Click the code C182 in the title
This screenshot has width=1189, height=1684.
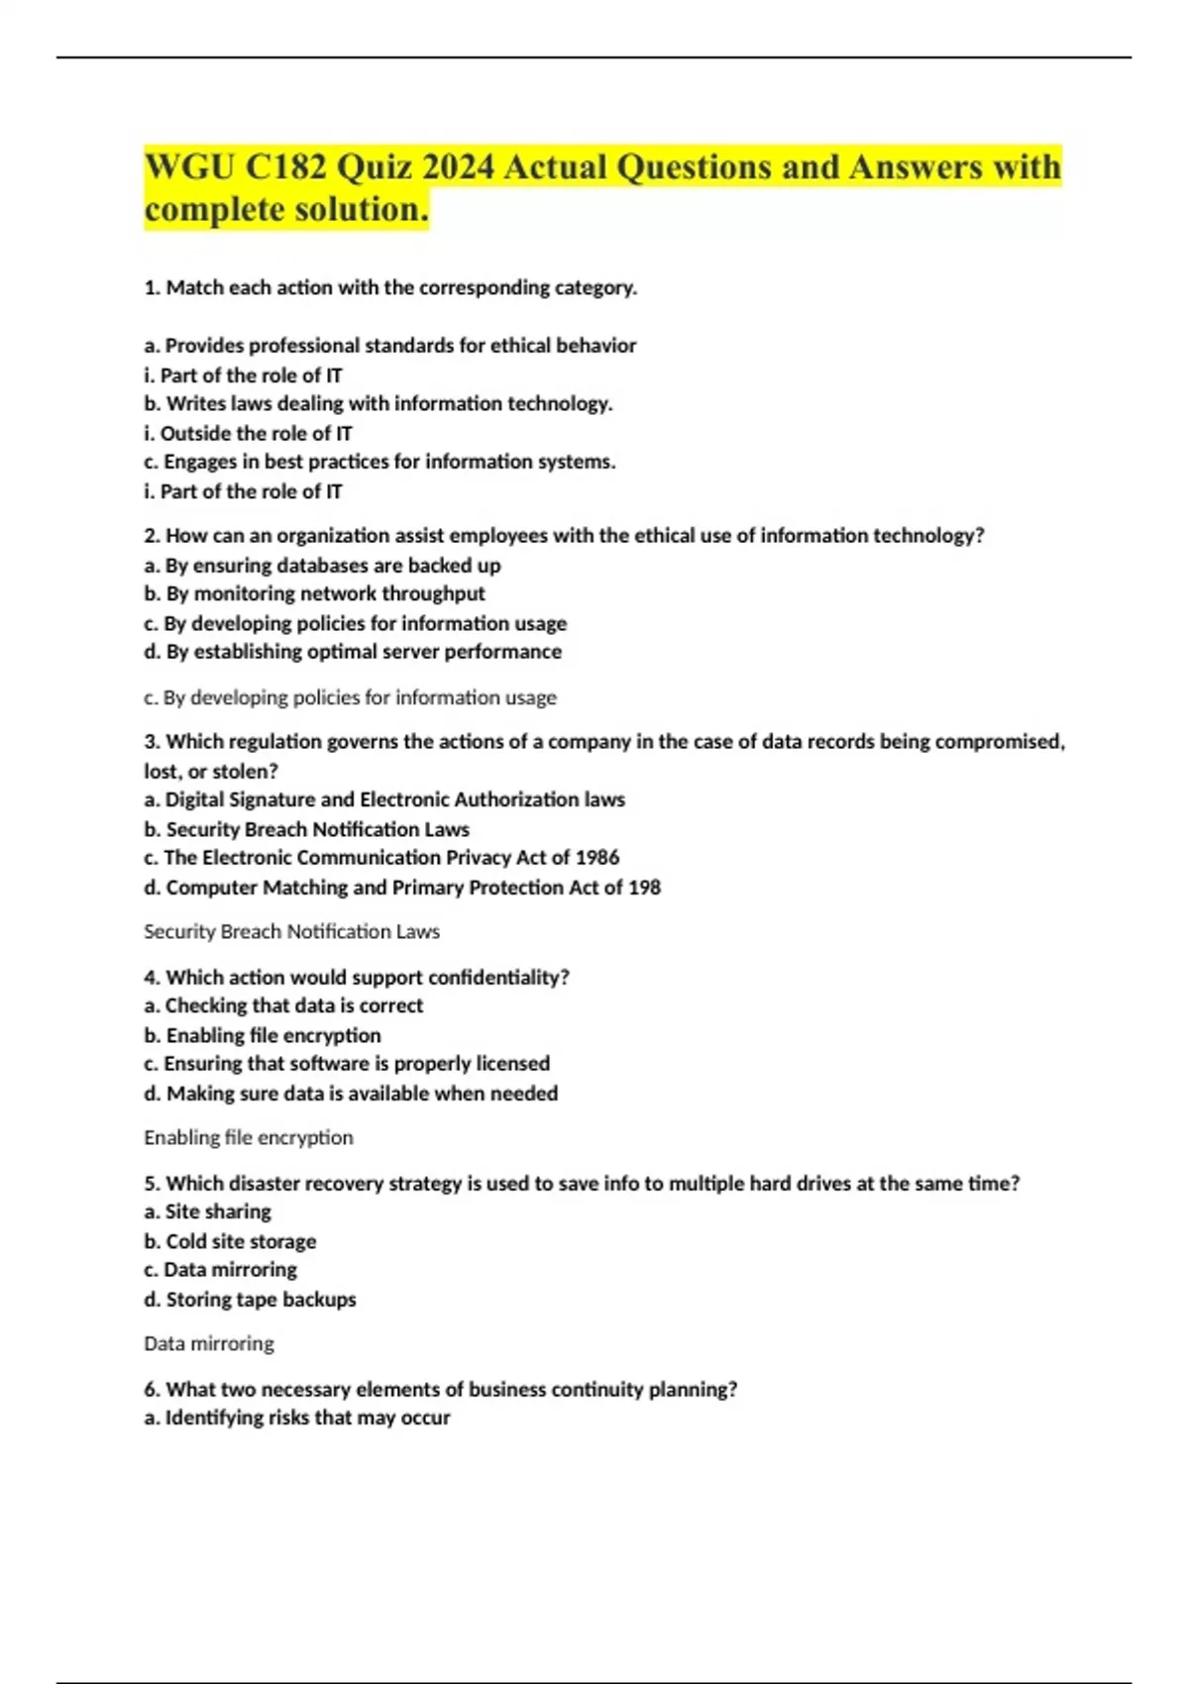285,166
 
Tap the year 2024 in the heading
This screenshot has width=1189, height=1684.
457,166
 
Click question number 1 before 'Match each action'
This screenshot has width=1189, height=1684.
152,287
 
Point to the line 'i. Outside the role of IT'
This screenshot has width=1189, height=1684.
248,433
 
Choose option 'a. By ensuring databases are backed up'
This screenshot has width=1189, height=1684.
322,565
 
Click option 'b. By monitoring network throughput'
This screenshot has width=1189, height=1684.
314,593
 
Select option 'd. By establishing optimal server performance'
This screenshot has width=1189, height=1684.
353,651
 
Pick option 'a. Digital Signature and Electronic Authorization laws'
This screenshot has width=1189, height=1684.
384,798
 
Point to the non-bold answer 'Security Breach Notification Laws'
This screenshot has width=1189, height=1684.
291,931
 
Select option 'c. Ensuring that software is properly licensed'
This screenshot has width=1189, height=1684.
347,1063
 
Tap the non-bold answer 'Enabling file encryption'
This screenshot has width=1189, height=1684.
248,1137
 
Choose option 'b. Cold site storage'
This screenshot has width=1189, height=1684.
230,1240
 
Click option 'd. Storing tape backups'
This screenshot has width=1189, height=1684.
250,1299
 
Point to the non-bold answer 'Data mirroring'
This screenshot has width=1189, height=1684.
208,1343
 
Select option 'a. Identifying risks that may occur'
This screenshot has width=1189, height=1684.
297,1418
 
